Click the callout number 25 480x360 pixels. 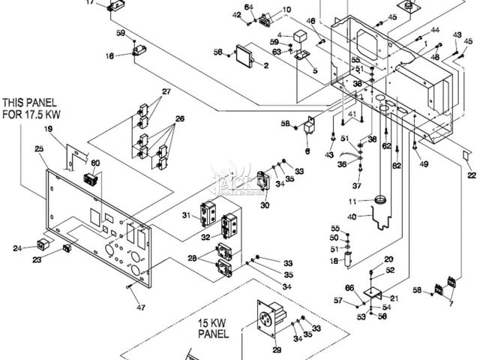tap(40, 150)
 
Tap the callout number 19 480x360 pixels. tap(49, 130)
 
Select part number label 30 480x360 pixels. tap(265, 205)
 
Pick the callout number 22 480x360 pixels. tap(471, 175)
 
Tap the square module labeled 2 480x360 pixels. tap(244, 56)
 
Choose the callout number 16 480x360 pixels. tap(109, 55)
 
